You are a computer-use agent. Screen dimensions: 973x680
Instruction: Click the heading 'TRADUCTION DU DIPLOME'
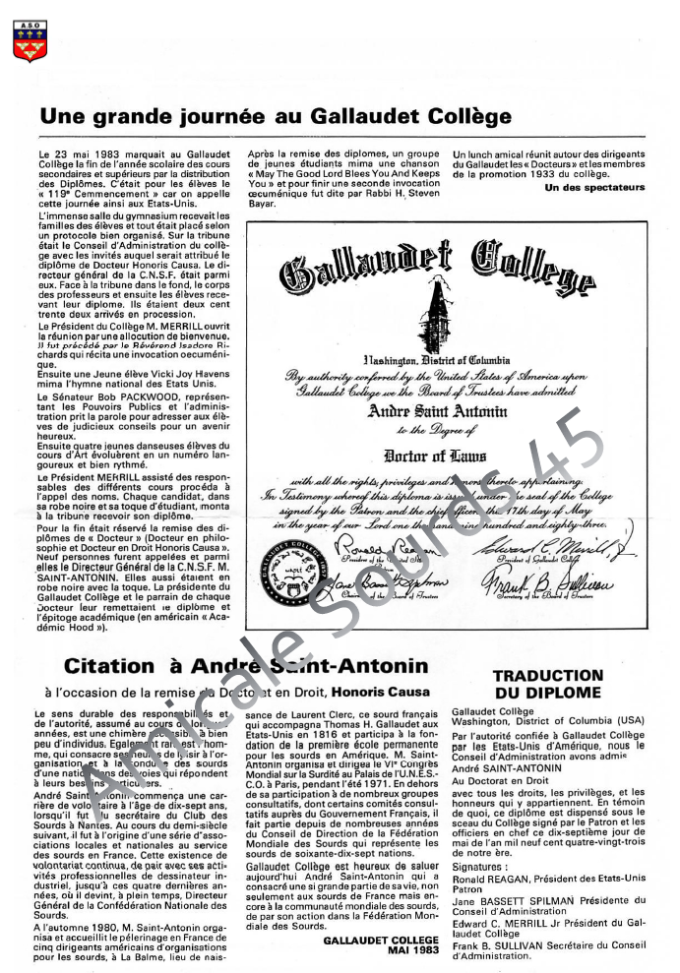547,684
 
